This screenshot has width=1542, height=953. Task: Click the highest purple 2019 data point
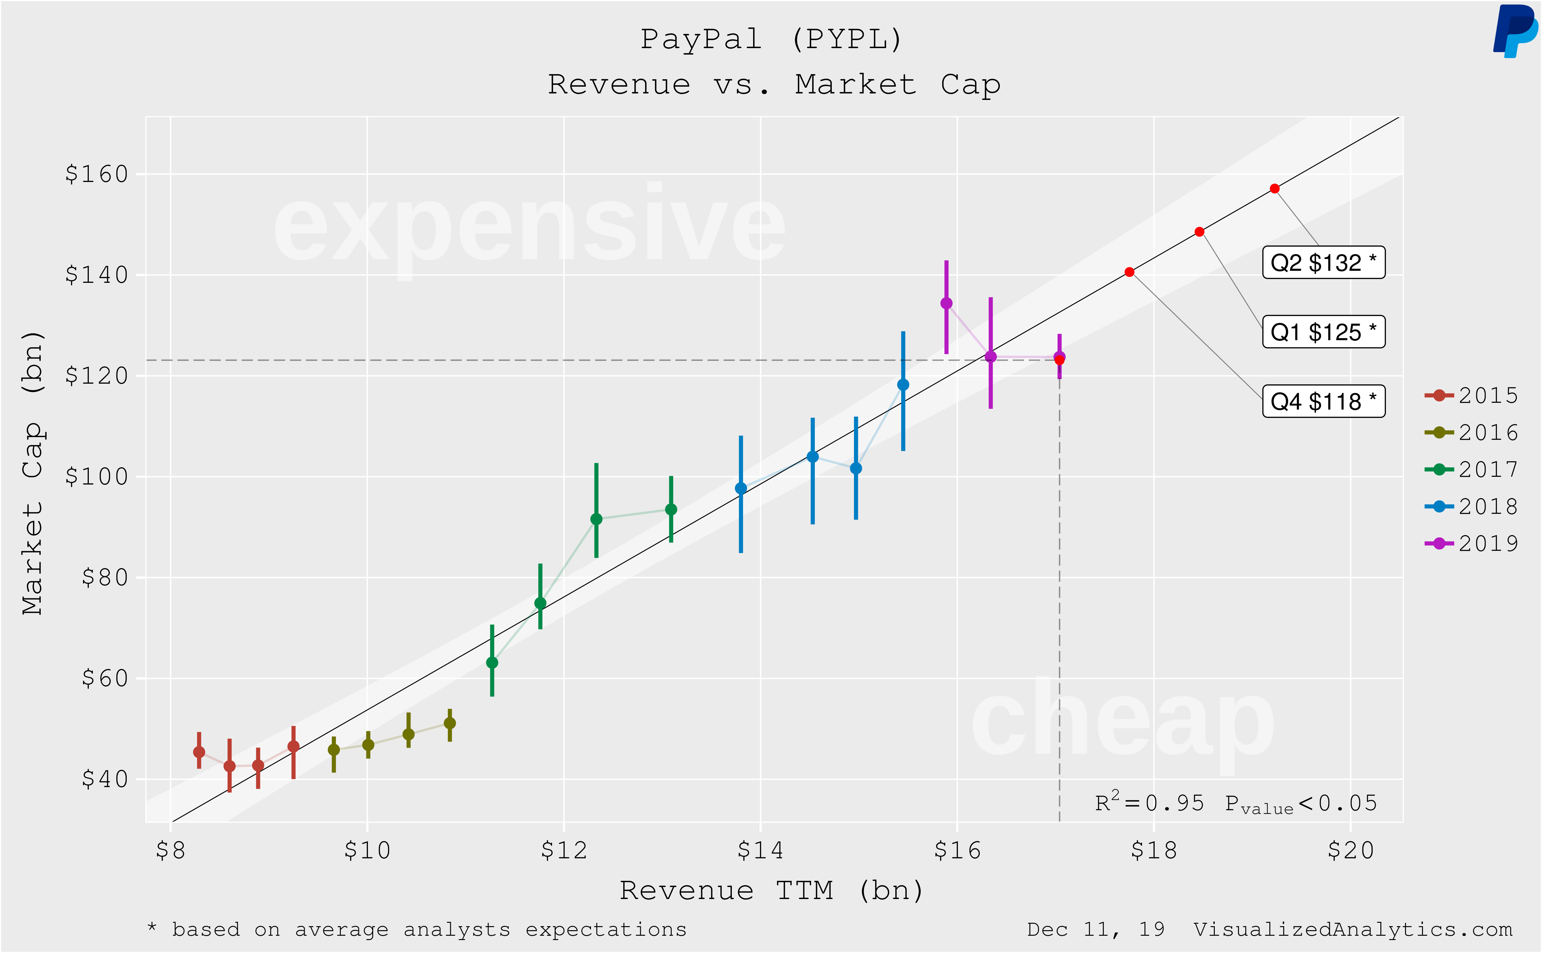(x=946, y=303)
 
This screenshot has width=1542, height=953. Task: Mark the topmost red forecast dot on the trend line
(x=1274, y=188)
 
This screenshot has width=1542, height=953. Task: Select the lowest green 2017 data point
(x=492, y=662)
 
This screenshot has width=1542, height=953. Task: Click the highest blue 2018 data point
(x=903, y=385)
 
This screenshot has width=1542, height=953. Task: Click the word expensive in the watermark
(x=529, y=227)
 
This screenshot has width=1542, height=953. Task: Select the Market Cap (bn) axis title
(x=33, y=473)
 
